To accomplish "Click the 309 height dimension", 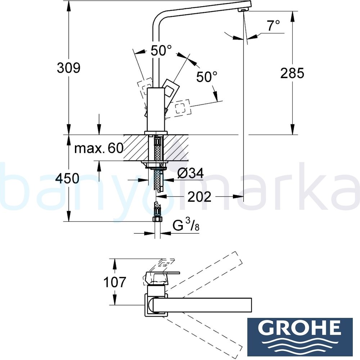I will [68, 68].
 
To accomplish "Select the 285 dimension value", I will [292, 73].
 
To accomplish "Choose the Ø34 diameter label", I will [190, 174].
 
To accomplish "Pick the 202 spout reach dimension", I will [199, 197].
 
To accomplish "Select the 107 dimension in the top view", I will [114, 282].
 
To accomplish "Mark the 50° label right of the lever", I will [207, 76].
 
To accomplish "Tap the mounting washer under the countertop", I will [156, 166].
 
